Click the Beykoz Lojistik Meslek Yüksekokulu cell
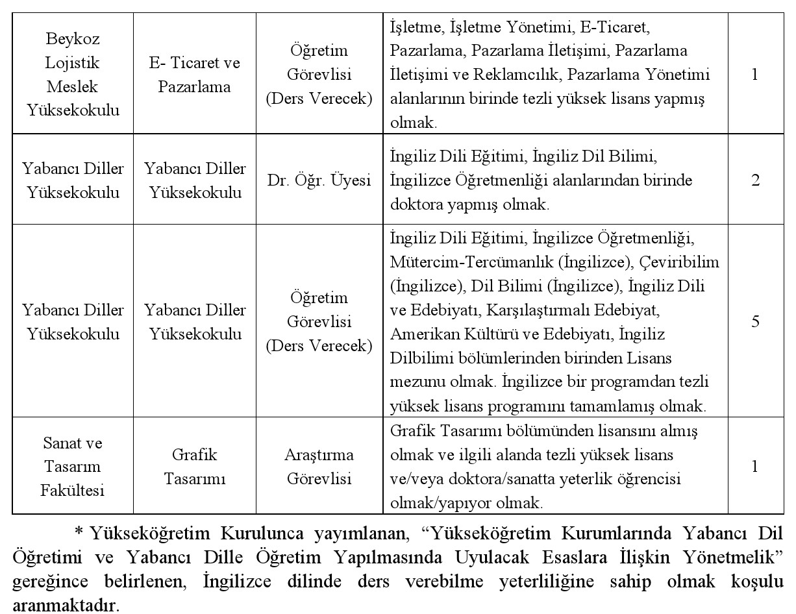point(73,74)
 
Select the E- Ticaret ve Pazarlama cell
point(193,74)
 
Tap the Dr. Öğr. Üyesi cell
point(319,180)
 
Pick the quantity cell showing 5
point(755,322)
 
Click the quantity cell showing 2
point(755,180)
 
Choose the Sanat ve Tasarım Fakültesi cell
point(73,467)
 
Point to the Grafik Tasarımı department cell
point(193,467)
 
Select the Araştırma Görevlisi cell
point(319,467)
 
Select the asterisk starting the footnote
point(81,534)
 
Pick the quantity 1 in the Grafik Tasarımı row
point(755,467)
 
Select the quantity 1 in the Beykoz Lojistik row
point(755,74)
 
